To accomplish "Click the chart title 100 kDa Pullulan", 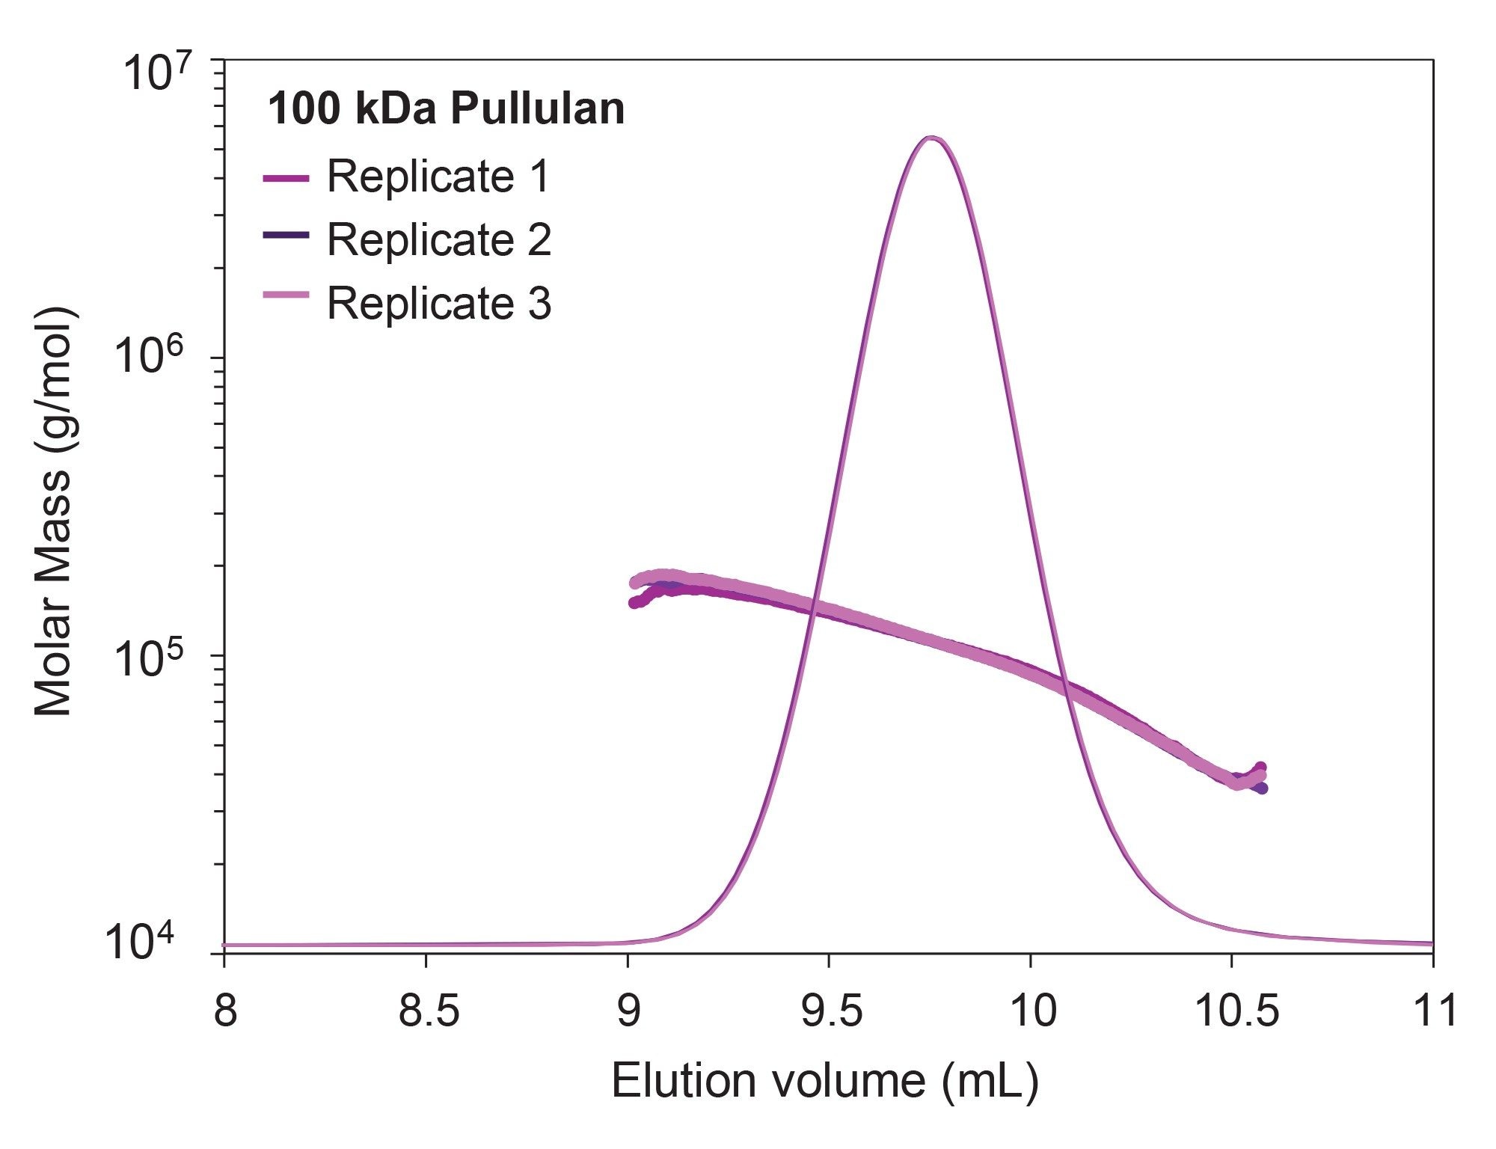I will click(446, 109).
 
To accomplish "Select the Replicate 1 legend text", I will click(438, 177).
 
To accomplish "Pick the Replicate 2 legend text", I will click(438, 240).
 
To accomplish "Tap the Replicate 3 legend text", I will click(438, 303).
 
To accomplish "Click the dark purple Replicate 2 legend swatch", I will click(286, 235).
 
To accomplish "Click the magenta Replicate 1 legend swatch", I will click(286, 178).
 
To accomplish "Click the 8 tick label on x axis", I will click(225, 1011).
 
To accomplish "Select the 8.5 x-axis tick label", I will click(428, 1011).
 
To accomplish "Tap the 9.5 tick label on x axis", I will click(831, 1011).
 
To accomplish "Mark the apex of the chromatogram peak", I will click(931, 138).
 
